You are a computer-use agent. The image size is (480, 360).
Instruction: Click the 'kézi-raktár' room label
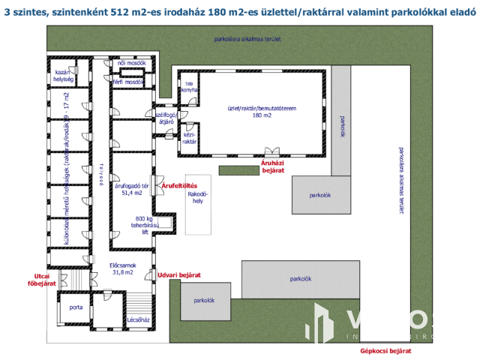(x=189, y=137)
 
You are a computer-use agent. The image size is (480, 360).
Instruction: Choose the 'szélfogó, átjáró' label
(x=165, y=117)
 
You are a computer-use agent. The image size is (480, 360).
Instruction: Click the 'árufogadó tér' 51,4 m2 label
(x=128, y=189)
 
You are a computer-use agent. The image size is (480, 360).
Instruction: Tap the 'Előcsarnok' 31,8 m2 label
(x=121, y=268)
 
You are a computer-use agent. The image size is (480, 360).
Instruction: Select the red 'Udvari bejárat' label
(x=179, y=275)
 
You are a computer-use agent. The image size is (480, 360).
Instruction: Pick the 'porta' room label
(x=76, y=307)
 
